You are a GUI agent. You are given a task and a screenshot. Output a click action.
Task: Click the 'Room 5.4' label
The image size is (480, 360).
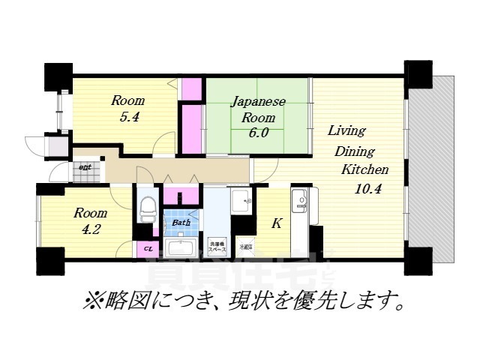[x=128, y=109]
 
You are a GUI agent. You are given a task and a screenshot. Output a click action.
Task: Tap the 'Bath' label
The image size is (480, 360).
[x=181, y=223]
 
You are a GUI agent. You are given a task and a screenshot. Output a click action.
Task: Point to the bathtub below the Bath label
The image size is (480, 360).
[x=181, y=248]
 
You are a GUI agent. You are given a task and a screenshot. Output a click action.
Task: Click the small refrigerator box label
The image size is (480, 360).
[x=245, y=247]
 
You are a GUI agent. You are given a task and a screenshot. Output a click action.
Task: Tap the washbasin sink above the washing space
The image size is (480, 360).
[x=241, y=201]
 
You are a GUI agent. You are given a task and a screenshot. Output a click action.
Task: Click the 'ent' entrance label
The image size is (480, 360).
[x=85, y=168]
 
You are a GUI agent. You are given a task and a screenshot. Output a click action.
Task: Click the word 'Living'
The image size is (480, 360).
[x=346, y=130]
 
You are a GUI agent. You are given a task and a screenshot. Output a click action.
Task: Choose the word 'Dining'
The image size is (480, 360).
[x=349, y=150]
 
